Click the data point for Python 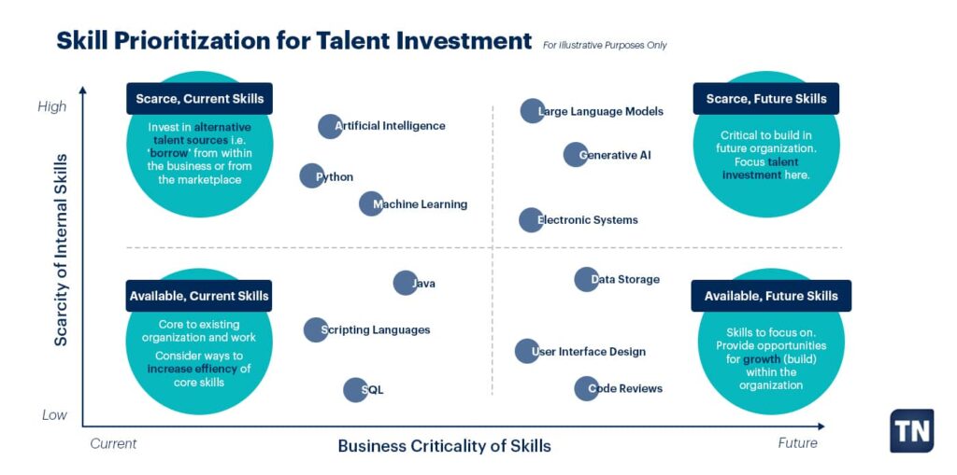click(x=311, y=175)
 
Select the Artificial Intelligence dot click(x=330, y=126)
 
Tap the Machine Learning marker click(x=371, y=203)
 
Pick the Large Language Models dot click(x=532, y=111)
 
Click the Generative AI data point click(x=576, y=155)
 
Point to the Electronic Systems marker click(x=531, y=220)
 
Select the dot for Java click(x=405, y=283)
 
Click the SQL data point click(x=355, y=390)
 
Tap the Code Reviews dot click(x=586, y=388)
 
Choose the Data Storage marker click(x=586, y=279)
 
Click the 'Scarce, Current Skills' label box click(x=199, y=99)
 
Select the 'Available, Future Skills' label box click(x=771, y=296)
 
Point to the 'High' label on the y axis click(x=52, y=106)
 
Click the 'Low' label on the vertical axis click(x=54, y=414)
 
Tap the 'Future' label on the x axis click(x=797, y=443)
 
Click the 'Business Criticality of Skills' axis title click(x=444, y=446)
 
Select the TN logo click(x=911, y=430)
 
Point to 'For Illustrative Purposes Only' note click(x=605, y=45)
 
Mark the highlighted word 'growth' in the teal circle click(x=762, y=359)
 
